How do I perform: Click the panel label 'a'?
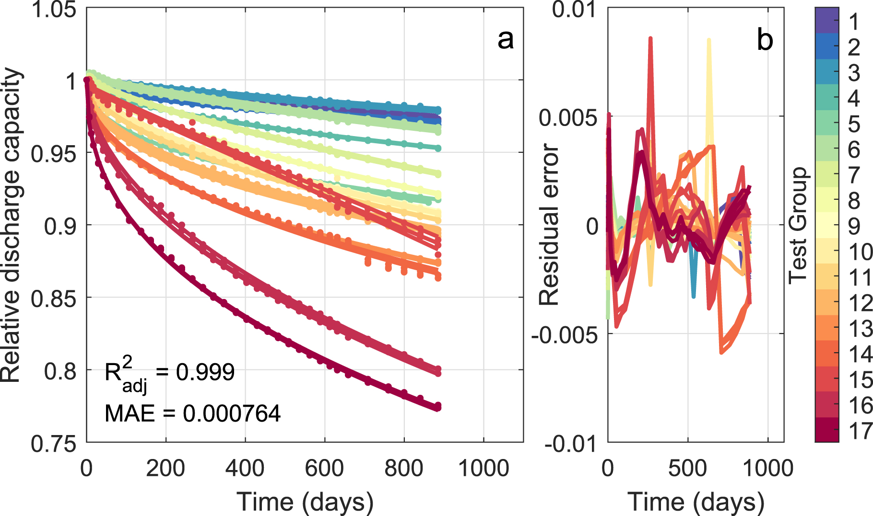click(505, 39)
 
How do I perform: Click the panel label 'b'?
click(765, 39)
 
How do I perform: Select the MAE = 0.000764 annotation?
click(192, 413)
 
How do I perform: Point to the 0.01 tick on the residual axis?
click(574, 10)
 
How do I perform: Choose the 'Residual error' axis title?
click(549, 225)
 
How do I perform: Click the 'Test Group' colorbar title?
click(798, 225)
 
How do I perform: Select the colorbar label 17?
click(860, 431)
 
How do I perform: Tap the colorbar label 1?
click(853, 22)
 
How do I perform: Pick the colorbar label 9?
click(854, 226)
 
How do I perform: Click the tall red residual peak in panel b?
click(650, 41)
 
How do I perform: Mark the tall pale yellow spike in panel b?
click(708, 43)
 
